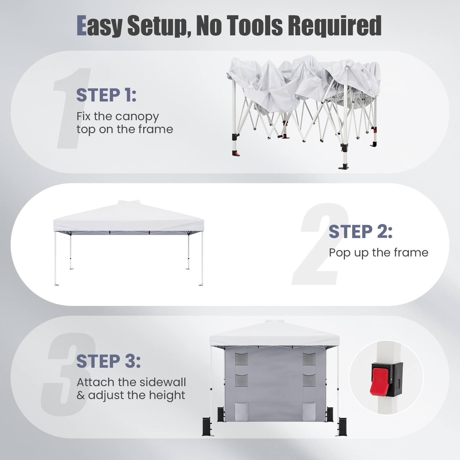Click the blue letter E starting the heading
point(82,26)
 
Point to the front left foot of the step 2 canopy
point(56,284)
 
